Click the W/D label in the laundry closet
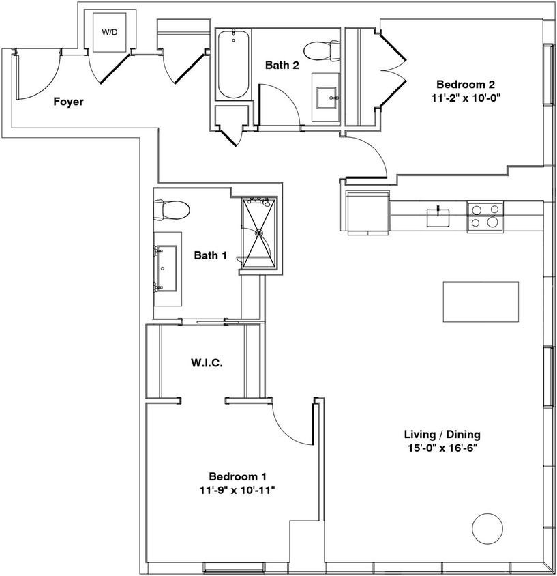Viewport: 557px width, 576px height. (109, 32)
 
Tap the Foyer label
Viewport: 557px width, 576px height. (68, 102)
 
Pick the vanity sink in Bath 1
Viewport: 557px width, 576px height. (167, 268)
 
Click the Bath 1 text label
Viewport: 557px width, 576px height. (210, 256)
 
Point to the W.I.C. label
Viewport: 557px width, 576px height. (207, 362)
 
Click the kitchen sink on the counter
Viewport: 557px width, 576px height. (438, 217)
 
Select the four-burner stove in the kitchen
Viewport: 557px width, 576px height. (485, 215)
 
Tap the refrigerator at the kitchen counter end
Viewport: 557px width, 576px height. (367, 212)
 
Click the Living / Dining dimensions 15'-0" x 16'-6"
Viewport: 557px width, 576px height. (442, 449)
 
